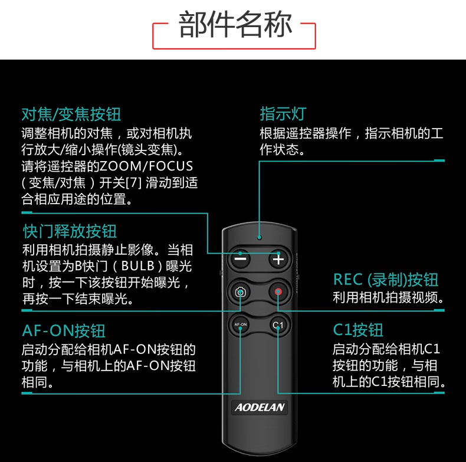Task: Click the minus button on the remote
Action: click(x=240, y=259)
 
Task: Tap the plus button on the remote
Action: click(x=278, y=259)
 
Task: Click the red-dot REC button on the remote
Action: click(x=278, y=291)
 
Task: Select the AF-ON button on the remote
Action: click(x=240, y=325)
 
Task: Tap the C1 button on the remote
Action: click(x=278, y=325)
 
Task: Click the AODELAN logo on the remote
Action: click(x=259, y=407)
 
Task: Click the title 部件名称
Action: click(x=235, y=24)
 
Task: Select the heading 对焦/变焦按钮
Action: click(x=71, y=113)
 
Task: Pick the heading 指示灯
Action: click(x=283, y=113)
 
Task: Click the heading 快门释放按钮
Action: click(x=70, y=231)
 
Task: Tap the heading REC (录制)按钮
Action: click(x=386, y=279)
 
